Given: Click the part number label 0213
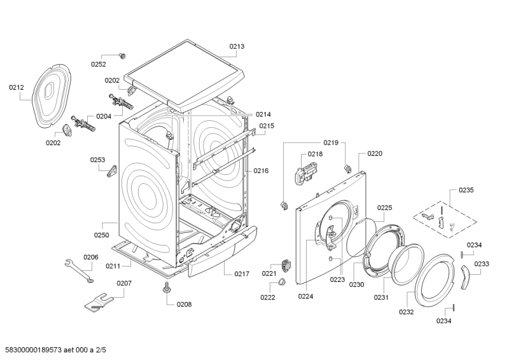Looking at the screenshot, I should point(237,46).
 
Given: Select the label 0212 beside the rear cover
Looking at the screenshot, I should point(17,87).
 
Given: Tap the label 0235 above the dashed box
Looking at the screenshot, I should point(466,190).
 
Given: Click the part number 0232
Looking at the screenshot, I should point(407,312).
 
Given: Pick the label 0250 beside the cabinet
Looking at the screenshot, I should point(102,235).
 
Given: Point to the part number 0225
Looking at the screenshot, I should point(384,207).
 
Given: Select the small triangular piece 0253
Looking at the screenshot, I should point(113,170).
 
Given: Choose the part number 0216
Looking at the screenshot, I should point(261,170).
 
